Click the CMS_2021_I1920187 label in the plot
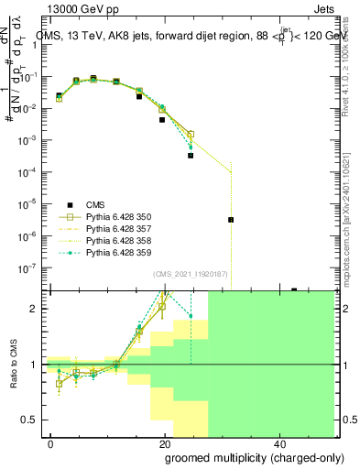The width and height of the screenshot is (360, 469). point(191,273)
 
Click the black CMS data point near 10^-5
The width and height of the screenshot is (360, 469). point(231,220)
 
